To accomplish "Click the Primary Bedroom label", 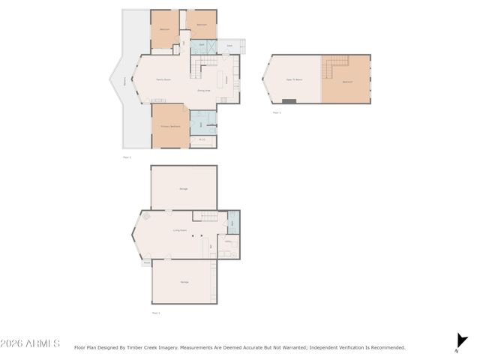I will tap(170, 126).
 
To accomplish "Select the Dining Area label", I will tap(204, 90).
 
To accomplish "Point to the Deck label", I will tap(229, 46).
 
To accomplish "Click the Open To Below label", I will tap(294, 79).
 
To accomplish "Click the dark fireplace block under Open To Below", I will tap(289, 100).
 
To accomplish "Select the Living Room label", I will tap(180, 230).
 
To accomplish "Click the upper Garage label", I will tap(183, 187).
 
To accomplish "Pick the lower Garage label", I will tap(184, 281).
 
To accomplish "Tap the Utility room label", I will tap(229, 241).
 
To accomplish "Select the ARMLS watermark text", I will tap(31, 343).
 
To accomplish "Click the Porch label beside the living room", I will tap(145, 262).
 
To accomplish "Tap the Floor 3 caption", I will tap(277, 112).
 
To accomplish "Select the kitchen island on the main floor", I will tap(220, 79).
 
